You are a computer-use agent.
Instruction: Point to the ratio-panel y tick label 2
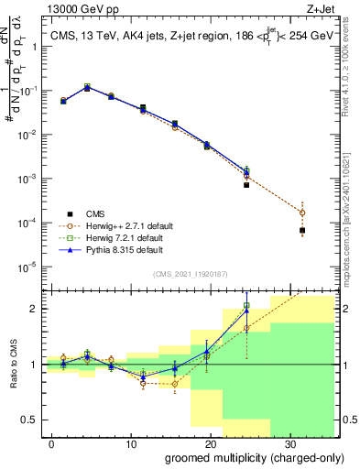35,309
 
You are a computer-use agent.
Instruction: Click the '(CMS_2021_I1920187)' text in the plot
189,274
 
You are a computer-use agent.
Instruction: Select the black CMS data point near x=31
302,231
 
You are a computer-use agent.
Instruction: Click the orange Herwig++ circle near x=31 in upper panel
302,213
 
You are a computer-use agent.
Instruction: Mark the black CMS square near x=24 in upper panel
246,185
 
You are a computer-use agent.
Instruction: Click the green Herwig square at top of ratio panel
246,305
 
